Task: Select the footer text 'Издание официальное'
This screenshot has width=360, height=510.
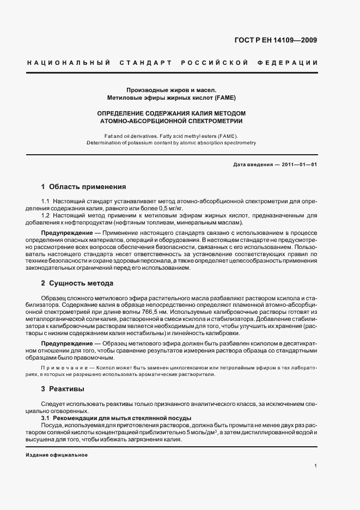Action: coord(57,455)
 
